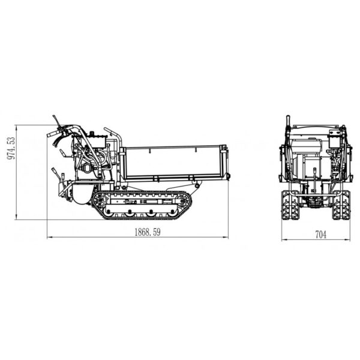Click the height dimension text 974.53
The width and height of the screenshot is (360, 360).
point(11,148)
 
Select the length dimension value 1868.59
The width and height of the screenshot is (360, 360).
point(148,232)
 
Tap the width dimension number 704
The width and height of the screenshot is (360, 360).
point(320,235)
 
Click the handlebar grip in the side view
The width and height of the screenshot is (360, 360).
point(52,134)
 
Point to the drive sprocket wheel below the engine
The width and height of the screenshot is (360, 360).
point(100,200)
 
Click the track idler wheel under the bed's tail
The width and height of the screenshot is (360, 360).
point(183,200)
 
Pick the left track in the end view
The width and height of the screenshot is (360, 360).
point(290,205)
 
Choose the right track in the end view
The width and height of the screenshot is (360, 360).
point(341,205)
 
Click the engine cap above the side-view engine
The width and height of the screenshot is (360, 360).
point(92,133)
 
